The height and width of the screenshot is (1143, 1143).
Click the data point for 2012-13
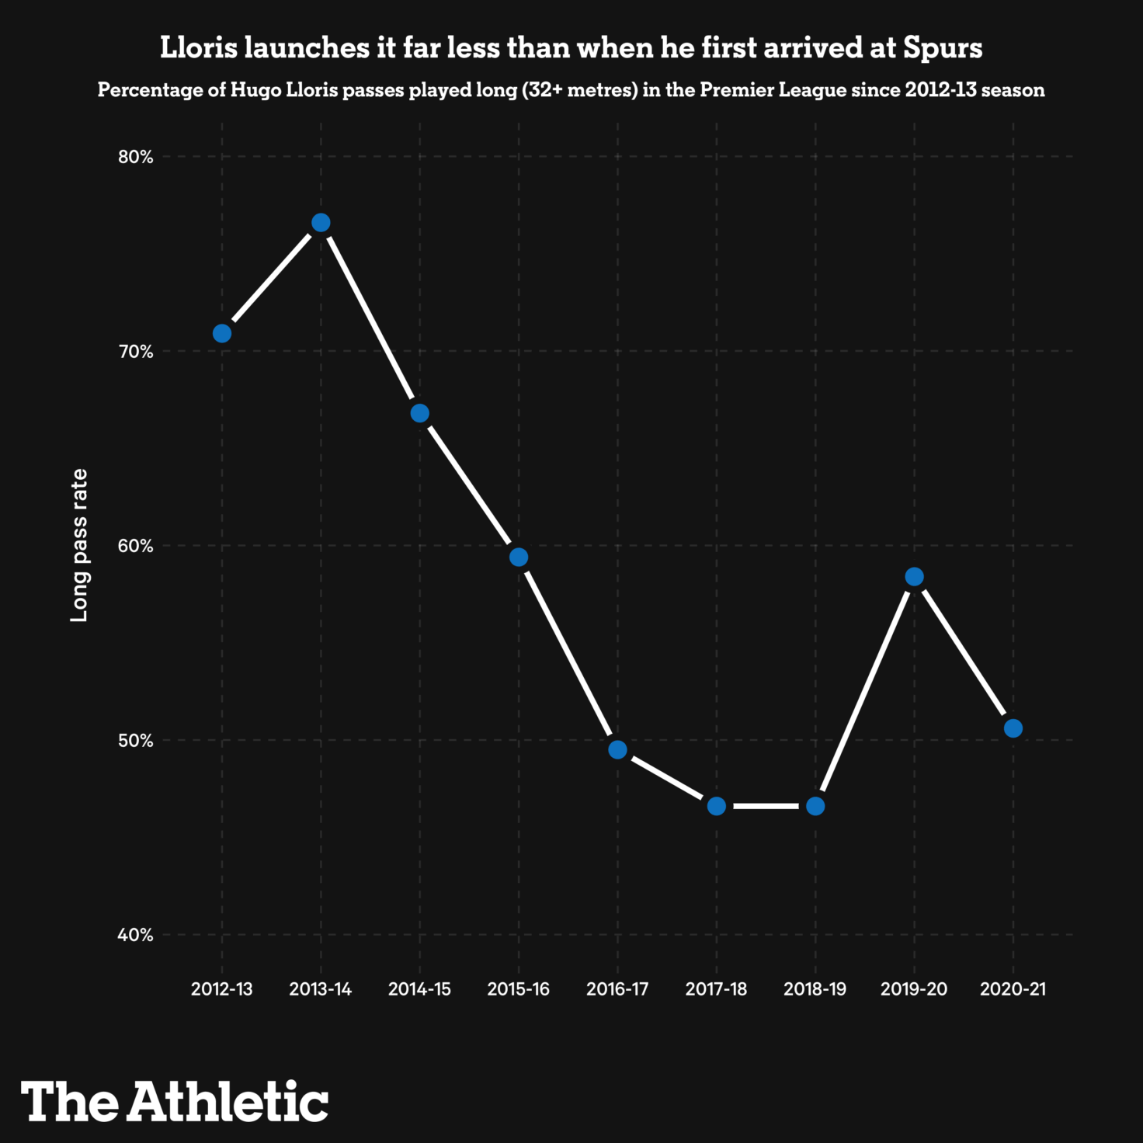click(x=222, y=333)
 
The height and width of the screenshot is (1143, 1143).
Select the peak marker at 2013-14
click(x=321, y=223)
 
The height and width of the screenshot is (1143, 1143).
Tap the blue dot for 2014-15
click(x=419, y=413)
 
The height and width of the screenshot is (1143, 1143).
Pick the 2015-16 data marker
click(x=519, y=557)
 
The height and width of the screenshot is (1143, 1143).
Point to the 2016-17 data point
click(x=617, y=749)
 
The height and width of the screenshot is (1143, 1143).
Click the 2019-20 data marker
click(x=914, y=576)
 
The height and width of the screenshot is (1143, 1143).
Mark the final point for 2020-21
click(x=1013, y=728)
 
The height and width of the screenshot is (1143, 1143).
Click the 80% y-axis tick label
click(x=136, y=157)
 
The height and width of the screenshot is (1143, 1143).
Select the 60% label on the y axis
click(x=136, y=546)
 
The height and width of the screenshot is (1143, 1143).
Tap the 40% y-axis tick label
click(x=136, y=935)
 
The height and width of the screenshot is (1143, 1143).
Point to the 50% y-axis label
click(x=136, y=740)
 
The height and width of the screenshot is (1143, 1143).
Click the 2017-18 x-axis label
click(x=716, y=989)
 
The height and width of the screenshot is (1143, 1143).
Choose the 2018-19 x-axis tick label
click(x=815, y=989)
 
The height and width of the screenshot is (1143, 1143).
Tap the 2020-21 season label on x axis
click(x=1013, y=989)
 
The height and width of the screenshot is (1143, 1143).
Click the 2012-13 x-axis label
click(x=222, y=989)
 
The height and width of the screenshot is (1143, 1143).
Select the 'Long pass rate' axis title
click(x=79, y=545)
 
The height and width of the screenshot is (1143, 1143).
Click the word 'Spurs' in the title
click(x=943, y=48)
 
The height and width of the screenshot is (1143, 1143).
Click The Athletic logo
click(x=175, y=1101)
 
